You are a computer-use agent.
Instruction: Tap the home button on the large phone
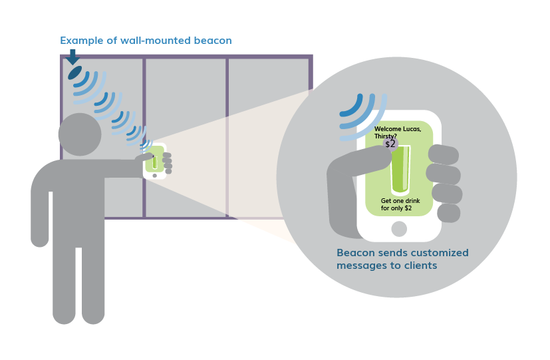pos(399,229)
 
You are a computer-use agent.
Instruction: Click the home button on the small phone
pos(155,176)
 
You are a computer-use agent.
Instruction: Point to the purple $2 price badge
pos(390,143)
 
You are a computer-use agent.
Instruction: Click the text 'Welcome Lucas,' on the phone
pos(398,128)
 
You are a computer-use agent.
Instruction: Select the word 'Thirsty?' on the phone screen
pos(386,136)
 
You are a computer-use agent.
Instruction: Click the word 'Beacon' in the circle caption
pos(356,253)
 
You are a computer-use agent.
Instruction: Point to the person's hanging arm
pos(41,213)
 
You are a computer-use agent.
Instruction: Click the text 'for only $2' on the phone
pos(396,209)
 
